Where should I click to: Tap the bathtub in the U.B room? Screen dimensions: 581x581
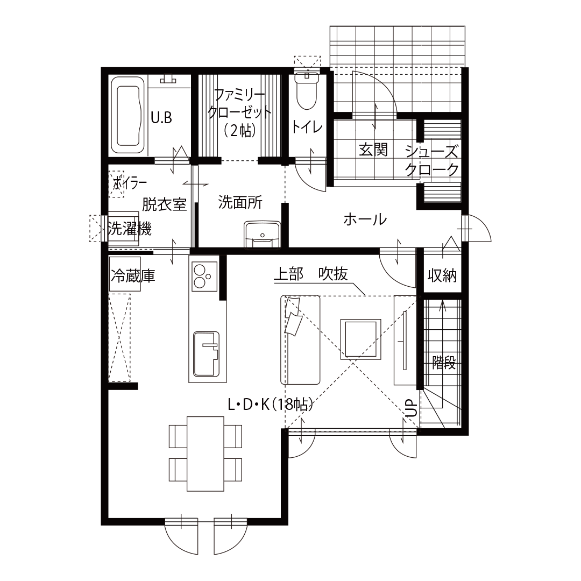click(x=128, y=116)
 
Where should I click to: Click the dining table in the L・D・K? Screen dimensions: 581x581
click(x=205, y=453)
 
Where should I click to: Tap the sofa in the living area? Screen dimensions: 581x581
click(x=300, y=339)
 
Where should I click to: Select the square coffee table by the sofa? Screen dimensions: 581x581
click(x=360, y=338)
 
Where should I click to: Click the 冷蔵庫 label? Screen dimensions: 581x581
click(x=132, y=277)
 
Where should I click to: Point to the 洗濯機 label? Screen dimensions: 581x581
click(x=129, y=229)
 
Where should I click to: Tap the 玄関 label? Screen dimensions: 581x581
click(x=373, y=149)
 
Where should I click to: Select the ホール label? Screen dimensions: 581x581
click(x=365, y=219)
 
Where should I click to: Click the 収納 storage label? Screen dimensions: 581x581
click(x=442, y=275)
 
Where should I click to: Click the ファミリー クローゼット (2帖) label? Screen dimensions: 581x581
click(x=239, y=112)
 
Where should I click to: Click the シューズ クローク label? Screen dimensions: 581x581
click(x=432, y=160)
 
